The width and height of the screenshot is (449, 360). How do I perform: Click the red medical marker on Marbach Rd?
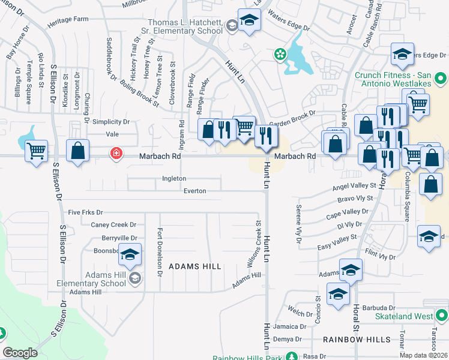(115, 154)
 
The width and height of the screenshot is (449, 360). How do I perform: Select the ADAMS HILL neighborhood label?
(194, 266)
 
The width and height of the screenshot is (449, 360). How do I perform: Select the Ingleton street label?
(174, 179)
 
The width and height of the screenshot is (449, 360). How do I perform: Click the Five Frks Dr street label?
(85, 212)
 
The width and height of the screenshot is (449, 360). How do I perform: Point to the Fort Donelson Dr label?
(160, 252)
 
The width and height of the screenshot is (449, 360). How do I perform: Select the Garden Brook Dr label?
(292, 119)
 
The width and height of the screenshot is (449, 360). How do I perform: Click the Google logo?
(20, 353)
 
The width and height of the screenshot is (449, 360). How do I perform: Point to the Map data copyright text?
(423, 355)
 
